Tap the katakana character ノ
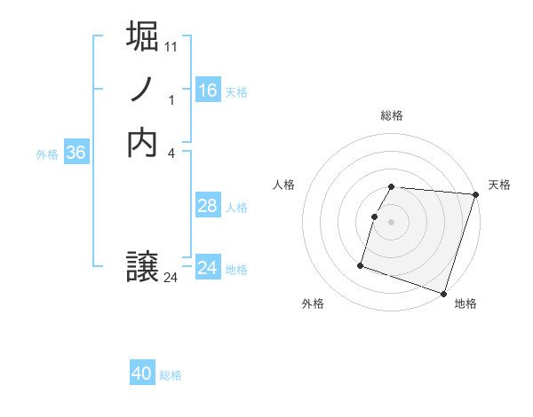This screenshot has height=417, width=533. tap(143, 89)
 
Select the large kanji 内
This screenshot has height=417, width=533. tap(143, 142)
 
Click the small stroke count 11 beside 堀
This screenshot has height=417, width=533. tap(172, 46)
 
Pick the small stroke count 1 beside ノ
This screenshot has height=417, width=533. tap(171, 100)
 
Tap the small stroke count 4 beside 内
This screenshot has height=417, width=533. tap(171, 153)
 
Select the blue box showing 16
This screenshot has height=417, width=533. tap(208, 90)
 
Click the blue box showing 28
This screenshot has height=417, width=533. tap(208, 206)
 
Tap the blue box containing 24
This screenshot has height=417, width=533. tap(208, 268)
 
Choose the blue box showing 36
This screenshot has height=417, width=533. tap(76, 153)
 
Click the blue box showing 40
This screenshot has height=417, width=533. tap(142, 374)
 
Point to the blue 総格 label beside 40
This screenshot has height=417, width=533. tap(171, 375)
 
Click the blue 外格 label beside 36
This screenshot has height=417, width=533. tap(47, 154)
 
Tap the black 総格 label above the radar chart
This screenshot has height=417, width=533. tap(392, 115)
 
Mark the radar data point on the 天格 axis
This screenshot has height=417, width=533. tap(476, 195)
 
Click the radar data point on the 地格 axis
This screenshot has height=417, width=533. tap(443, 293)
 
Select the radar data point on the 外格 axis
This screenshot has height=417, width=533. tap(361, 264)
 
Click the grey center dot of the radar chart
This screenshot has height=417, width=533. tap(392, 222)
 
